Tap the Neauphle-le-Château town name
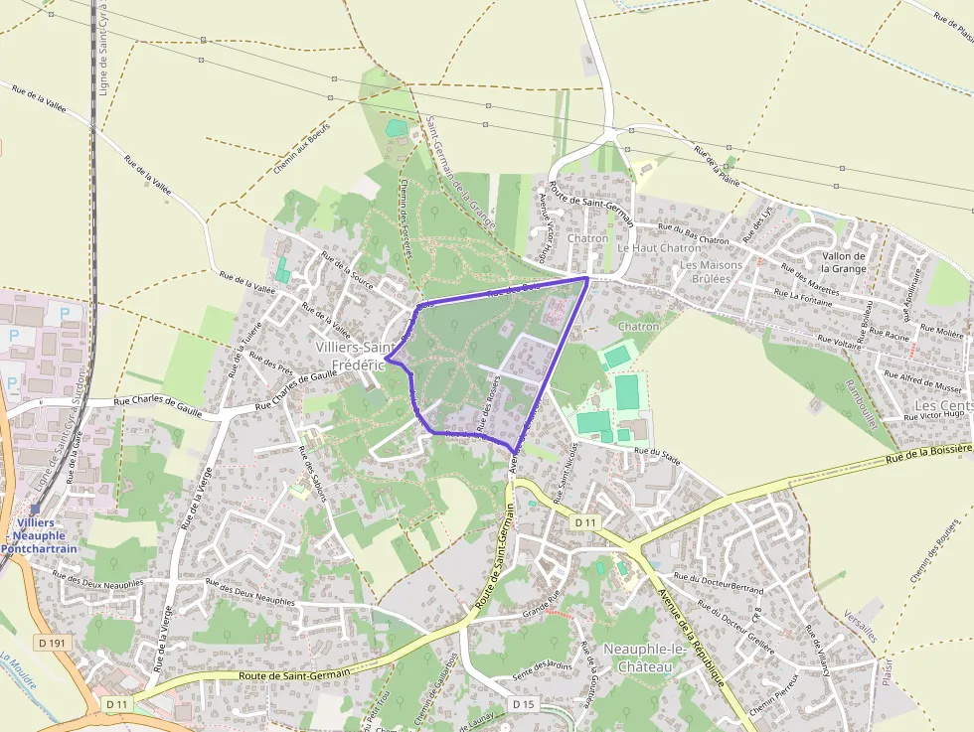tap(637, 658)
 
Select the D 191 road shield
tap(52, 643)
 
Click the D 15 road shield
tap(524, 703)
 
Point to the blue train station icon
tap(34, 508)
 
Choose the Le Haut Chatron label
tap(659, 248)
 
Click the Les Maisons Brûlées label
tap(712, 271)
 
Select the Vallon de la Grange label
tap(844, 262)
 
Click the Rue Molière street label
tap(941, 330)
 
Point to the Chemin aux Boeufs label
tap(300, 148)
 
